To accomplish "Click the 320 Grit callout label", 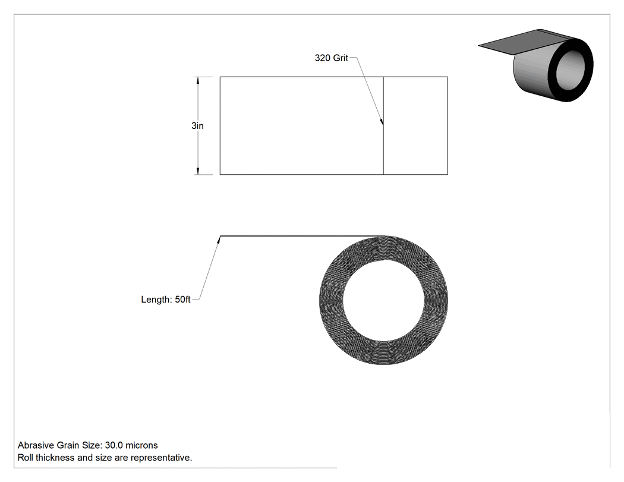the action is (x=331, y=58).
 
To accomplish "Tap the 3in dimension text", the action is (x=197, y=126).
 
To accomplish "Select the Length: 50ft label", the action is (x=166, y=300).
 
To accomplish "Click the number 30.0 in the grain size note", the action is (x=114, y=445).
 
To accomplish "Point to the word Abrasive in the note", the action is (x=36, y=445).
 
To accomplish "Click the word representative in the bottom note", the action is (x=161, y=458).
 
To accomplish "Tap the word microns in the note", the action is (x=141, y=445).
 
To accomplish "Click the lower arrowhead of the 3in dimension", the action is (x=197, y=170).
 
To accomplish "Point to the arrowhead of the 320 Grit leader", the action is (x=382, y=122).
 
